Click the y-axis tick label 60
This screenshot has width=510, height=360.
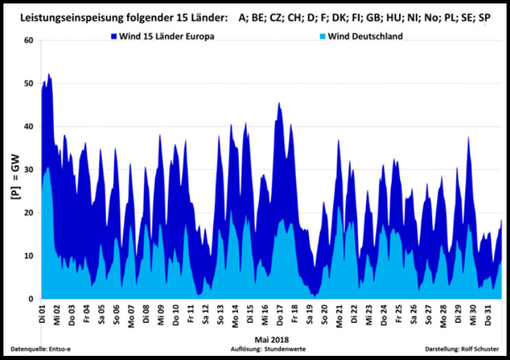[x=28, y=41]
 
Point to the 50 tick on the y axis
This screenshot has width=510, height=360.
[x=28, y=84]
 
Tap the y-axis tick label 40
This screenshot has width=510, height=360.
[x=28, y=127]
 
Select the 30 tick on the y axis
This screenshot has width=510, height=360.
[x=28, y=170]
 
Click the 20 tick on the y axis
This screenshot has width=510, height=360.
[x=28, y=213]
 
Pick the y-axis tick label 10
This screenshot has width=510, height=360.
[x=28, y=256]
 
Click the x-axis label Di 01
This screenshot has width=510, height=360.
[x=42, y=316]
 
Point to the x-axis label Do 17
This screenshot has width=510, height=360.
[x=279, y=316]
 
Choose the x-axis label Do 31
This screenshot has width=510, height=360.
[x=487, y=316]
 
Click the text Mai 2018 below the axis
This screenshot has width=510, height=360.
[x=270, y=339]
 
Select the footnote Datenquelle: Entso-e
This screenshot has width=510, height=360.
[x=41, y=349]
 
